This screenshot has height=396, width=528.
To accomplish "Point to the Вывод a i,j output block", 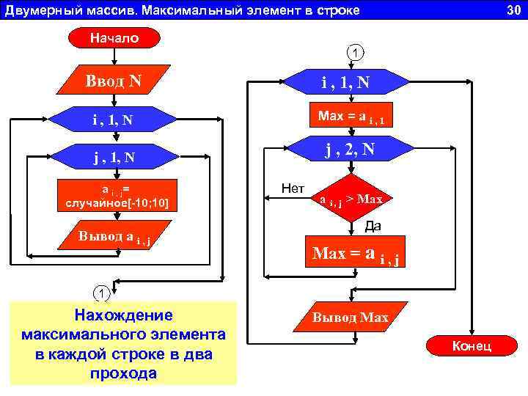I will click(118, 237).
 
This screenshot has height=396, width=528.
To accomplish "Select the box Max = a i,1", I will click(351, 117).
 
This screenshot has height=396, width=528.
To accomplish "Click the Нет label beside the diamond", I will click(293, 188).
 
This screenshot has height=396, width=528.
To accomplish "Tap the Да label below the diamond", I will click(373, 227).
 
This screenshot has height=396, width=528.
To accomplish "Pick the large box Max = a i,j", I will click(355, 254).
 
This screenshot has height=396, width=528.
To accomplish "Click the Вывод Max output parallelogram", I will click(351, 318).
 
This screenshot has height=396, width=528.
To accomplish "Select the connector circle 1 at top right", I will click(355, 53).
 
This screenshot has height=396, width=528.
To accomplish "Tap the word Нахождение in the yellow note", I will click(123, 315).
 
